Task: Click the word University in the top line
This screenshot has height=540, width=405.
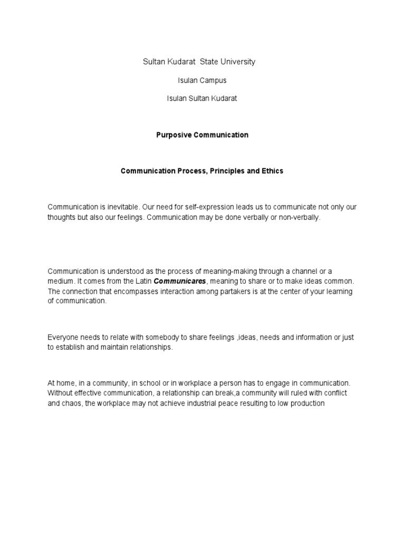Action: point(237,62)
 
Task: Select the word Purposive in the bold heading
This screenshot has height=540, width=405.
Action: point(172,135)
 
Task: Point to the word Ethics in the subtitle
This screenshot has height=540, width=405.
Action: point(272,171)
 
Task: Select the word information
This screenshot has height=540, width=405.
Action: point(307,337)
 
